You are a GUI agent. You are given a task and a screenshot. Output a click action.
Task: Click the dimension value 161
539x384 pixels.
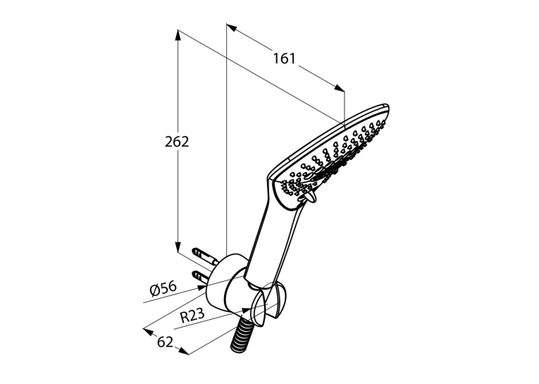click(x=284, y=58)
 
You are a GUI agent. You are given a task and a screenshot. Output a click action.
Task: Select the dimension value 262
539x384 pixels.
click(x=177, y=142)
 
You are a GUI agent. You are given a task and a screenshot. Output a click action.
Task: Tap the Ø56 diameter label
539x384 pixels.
click(x=163, y=289)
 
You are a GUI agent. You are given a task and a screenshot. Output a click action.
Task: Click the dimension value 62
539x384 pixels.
click(x=165, y=342)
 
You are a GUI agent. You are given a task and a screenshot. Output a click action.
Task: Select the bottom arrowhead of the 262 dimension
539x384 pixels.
click(x=178, y=247)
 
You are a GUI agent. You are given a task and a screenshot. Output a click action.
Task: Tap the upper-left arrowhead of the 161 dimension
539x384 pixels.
click(x=232, y=28)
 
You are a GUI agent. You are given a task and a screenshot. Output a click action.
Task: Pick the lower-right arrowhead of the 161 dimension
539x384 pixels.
click(x=339, y=88)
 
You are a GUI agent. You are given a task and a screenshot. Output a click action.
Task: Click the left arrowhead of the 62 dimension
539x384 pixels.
click(x=148, y=331)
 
